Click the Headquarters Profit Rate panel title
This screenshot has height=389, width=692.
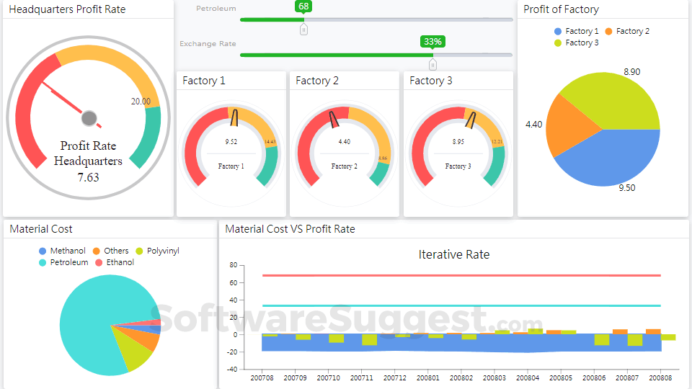point(67,9)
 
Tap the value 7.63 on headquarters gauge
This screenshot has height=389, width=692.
point(88,177)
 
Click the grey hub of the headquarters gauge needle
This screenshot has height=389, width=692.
point(89,118)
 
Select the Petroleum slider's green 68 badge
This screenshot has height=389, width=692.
point(303,6)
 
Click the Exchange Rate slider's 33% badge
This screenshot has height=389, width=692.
point(432,41)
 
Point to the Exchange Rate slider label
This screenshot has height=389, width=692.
point(208,44)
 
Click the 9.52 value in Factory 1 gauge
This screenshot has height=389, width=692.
point(231,142)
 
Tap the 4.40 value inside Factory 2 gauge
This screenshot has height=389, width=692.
point(344,142)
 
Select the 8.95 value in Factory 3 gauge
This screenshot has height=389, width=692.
point(458,142)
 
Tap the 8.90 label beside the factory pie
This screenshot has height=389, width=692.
point(631,72)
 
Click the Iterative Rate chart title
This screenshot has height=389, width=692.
point(453,254)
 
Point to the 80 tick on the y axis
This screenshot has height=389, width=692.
point(233,265)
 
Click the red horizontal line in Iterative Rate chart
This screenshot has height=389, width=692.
point(461,275)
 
